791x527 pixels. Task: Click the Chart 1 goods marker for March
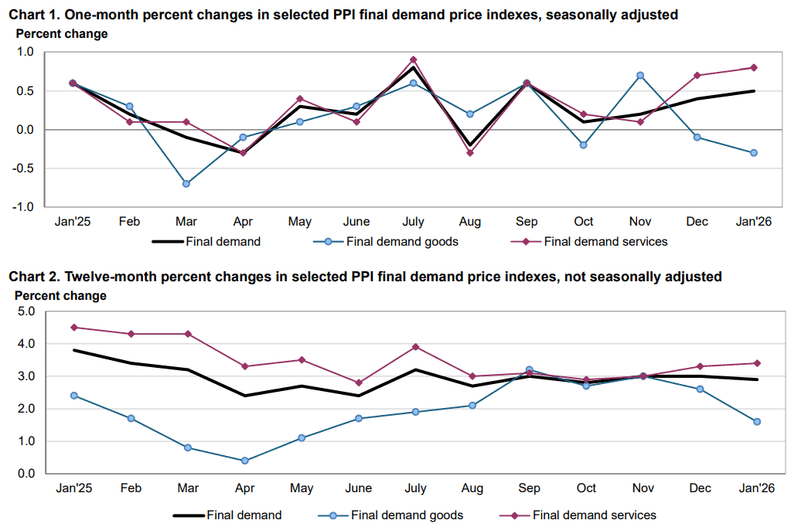tap(186, 184)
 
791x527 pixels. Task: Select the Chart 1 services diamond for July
tap(414, 59)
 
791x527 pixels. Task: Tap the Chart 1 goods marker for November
tap(640, 75)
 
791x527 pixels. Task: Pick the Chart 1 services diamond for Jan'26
tap(754, 67)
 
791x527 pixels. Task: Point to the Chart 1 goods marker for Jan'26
tap(754, 153)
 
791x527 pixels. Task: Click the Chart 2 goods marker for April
tap(245, 461)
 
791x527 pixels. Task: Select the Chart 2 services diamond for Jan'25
tap(73, 327)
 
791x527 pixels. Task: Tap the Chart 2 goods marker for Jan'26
tap(757, 422)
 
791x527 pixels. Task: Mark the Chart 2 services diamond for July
tap(415, 347)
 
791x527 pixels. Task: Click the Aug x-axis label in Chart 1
tap(469, 223)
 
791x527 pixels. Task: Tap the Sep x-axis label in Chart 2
tap(530, 488)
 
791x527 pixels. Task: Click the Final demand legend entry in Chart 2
tap(244, 515)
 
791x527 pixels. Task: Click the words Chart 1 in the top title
tap(33, 14)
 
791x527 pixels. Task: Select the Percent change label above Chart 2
tap(60, 295)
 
